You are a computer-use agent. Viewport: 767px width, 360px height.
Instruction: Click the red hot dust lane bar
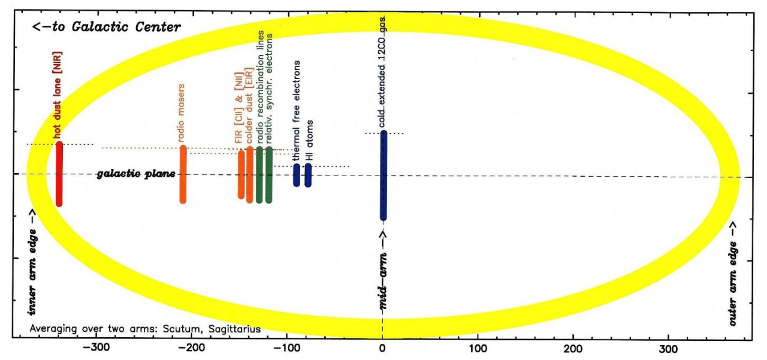[59, 174]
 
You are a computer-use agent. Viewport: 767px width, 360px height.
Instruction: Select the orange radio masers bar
[183, 174]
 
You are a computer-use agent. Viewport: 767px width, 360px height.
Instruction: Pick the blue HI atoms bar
[308, 175]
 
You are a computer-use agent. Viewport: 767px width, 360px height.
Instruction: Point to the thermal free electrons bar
[296, 175]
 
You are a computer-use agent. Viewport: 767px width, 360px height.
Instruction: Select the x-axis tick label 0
[382, 347]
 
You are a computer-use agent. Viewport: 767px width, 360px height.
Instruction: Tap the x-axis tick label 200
[573, 347]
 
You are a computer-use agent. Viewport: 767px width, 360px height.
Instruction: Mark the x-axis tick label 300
[669, 347]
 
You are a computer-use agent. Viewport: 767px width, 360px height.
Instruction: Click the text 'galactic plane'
[136, 174]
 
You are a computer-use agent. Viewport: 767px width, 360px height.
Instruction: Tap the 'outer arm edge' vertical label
[733, 273]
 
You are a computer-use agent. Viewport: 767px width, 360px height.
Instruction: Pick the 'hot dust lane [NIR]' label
[58, 96]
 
